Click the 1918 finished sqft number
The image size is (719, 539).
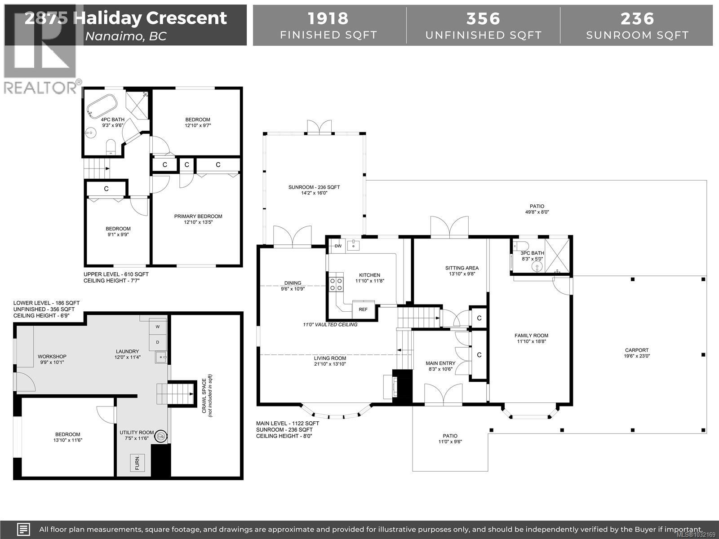point(328,18)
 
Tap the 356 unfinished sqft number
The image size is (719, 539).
point(483,18)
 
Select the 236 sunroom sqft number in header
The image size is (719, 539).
point(637,18)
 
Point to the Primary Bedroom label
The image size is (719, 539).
point(198,216)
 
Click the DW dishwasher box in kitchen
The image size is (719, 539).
point(338,246)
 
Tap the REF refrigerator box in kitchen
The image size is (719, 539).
point(363,309)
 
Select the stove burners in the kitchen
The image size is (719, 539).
point(336,284)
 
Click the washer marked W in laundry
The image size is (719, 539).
point(158,327)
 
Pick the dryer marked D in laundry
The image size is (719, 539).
point(158,342)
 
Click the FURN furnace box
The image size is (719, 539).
point(137,463)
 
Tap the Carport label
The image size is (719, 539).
point(637,350)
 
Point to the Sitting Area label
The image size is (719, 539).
point(462,268)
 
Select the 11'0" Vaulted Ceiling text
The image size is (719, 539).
point(330,324)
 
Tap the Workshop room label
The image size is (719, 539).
point(52,357)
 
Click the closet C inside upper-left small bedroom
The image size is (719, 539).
point(107,189)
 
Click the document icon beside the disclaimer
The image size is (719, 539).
point(23,529)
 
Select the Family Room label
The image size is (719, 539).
point(531,336)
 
